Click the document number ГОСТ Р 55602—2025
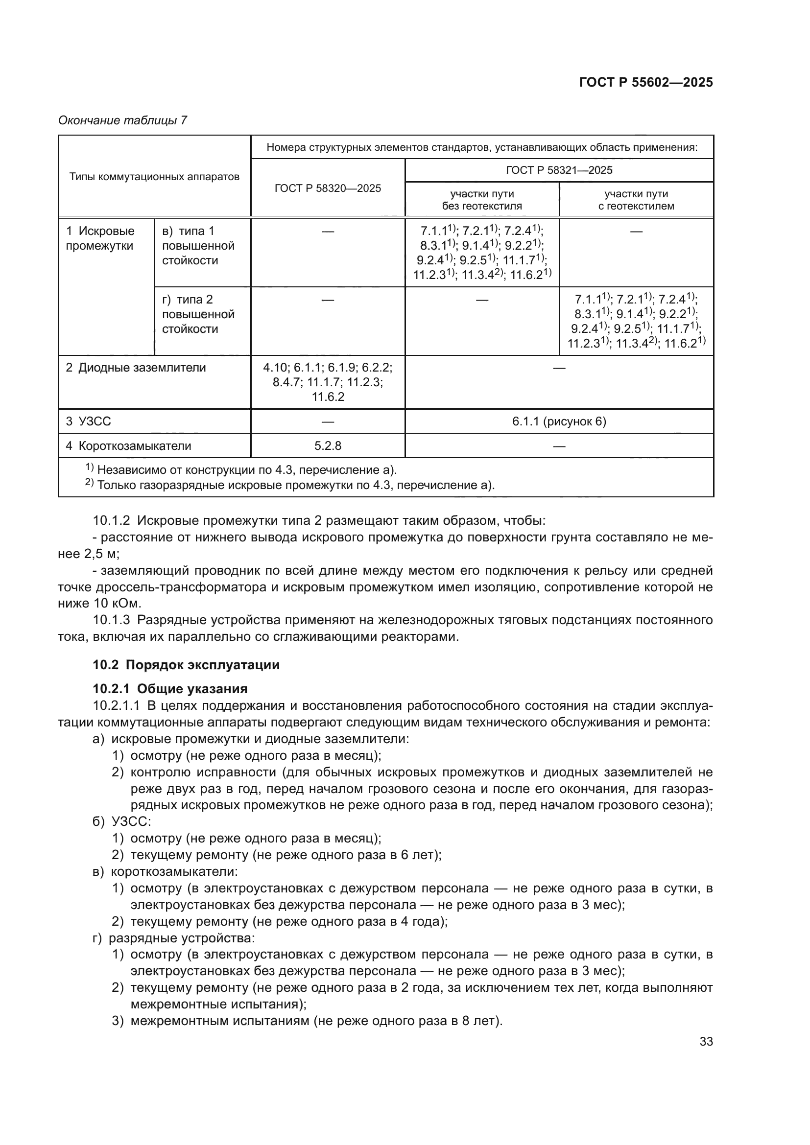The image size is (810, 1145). coord(645,83)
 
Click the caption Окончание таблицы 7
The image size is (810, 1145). coord(123,120)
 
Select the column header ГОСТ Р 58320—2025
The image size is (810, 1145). coord(328,188)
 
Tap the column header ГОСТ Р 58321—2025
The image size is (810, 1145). coord(559,170)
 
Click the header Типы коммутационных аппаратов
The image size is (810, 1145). coord(154,177)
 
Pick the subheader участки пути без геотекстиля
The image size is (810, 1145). coord(482,199)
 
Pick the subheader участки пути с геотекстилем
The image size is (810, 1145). coord(636,199)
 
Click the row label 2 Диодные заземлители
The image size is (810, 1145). coord(136,368)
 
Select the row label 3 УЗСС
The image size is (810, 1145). coord(89,422)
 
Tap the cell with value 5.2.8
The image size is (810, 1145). coord(328,446)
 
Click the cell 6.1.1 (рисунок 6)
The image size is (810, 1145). coord(559,422)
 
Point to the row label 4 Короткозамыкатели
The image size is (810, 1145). coord(129,446)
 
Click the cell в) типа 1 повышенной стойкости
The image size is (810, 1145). coord(198,246)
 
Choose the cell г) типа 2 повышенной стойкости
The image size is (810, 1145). coord(198,314)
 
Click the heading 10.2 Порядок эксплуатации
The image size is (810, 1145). coord(186,665)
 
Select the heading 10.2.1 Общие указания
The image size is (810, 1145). coord(170,689)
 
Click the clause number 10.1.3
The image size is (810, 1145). coord(111,620)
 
